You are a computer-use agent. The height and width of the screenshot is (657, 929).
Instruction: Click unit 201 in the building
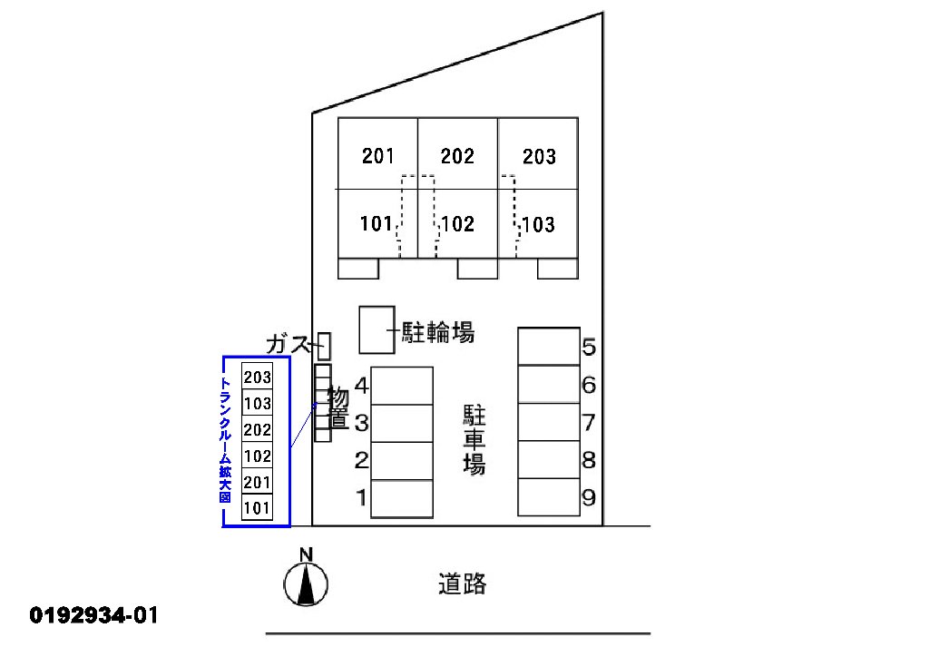377,155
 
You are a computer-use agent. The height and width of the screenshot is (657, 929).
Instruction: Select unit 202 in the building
457,155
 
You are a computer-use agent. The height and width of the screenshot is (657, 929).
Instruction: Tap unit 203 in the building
538,156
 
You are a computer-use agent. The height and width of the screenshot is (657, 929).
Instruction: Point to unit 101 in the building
375,223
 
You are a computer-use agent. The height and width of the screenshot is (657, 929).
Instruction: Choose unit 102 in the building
457,223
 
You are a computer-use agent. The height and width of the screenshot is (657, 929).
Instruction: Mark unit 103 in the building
538,223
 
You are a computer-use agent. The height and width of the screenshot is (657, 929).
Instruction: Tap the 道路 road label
462,583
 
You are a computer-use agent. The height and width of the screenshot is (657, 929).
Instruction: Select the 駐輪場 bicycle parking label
439,333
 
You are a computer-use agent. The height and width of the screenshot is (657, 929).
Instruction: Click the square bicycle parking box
376,329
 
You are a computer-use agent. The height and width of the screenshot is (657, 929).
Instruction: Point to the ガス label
289,344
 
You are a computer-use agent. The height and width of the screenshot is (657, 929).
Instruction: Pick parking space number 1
402,498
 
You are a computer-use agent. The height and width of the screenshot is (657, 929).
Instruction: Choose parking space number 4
402,386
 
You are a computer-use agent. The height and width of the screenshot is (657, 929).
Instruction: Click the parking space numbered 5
549,347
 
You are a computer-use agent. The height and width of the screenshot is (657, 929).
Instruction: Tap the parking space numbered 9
549,497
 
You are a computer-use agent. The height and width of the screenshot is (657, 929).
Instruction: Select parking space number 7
549,422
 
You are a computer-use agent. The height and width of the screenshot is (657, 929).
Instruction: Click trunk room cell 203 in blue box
257,378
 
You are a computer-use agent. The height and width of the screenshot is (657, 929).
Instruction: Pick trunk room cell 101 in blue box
257,507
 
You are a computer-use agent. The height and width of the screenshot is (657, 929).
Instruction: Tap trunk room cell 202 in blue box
257,429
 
